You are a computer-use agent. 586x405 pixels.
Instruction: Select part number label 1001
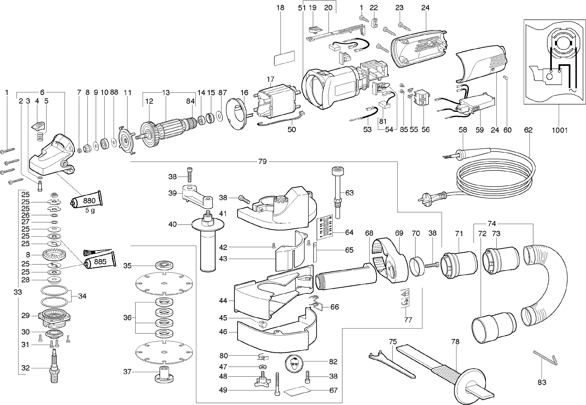click(560, 130)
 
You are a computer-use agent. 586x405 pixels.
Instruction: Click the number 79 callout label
click(262, 162)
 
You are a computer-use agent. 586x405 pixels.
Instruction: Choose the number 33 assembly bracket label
click(18, 292)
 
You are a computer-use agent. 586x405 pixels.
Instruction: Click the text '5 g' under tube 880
click(90, 210)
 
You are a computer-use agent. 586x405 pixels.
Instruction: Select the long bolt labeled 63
click(338, 192)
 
